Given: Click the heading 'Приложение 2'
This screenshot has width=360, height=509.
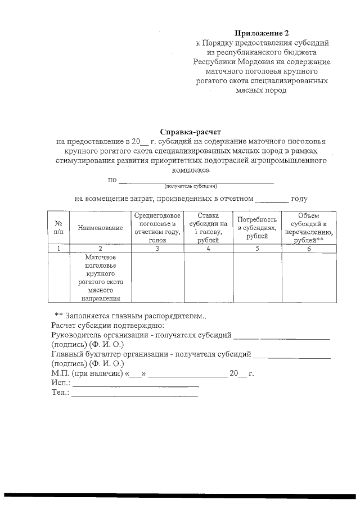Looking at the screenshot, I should [x=262, y=33].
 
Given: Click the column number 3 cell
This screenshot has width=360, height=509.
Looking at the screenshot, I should [x=157, y=248].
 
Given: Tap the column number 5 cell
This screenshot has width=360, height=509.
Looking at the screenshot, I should [x=257, y=248].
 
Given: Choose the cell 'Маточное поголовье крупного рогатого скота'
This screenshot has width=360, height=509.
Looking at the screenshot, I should [x=100, y=277].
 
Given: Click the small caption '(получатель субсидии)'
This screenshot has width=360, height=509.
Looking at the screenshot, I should [x=190, y=186].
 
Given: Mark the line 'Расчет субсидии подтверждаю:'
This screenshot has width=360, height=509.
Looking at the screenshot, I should [x=107, y=326].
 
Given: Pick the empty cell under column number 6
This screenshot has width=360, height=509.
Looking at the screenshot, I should [x=308, y=277].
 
